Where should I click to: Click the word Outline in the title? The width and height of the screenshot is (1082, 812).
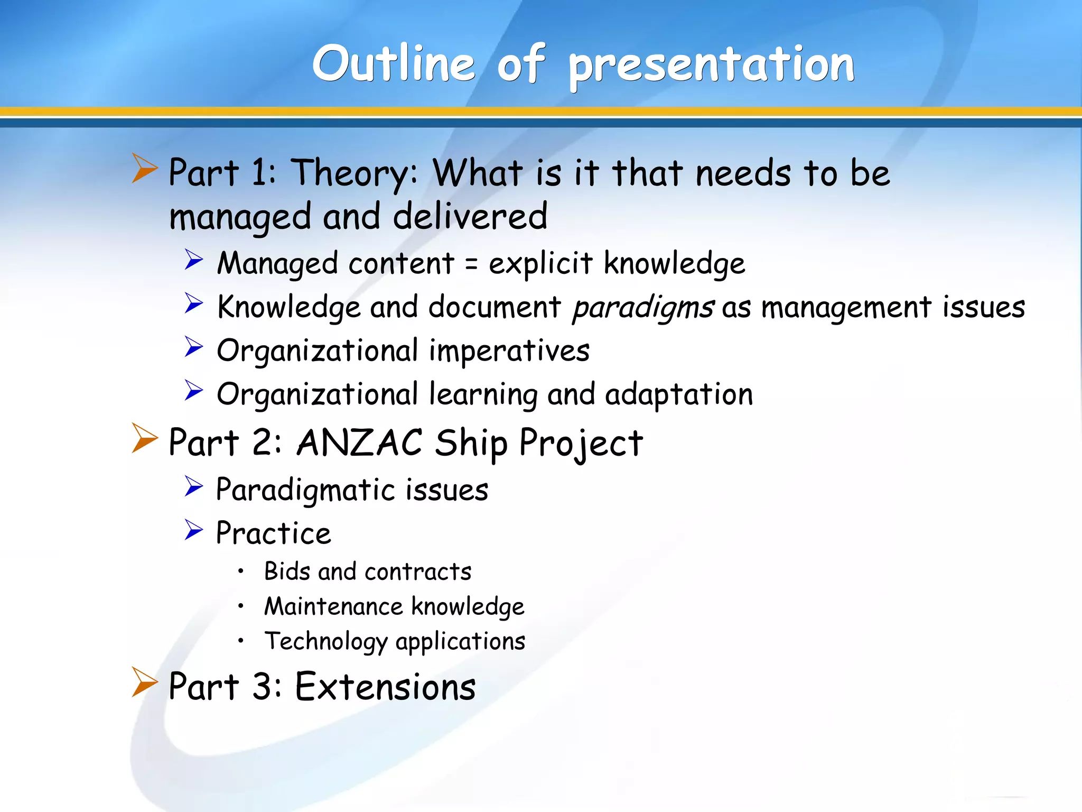(394, 64)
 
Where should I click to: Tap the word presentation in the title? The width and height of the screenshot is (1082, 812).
(711, 66)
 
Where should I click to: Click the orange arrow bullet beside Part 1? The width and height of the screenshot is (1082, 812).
(144, 169)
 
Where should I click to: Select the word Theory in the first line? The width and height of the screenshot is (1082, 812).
(355, 174)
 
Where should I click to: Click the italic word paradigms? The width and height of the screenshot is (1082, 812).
(643, 308)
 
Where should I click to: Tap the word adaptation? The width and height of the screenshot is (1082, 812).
(678, 395)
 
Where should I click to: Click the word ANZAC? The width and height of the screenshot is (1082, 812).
(359, 442)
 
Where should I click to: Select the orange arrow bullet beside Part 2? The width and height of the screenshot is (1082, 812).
(144, 438)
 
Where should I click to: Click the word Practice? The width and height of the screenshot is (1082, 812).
(274, 533)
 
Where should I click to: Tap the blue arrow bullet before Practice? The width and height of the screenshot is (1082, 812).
(193, 530)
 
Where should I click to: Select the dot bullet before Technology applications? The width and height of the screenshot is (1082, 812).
(241, 641)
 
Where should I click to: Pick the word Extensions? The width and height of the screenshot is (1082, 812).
(385, 687)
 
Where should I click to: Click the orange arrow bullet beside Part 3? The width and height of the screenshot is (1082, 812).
(144, 682)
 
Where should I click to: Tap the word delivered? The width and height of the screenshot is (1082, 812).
(470, 217)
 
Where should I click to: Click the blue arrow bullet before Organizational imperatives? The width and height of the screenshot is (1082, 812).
(193, 347)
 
